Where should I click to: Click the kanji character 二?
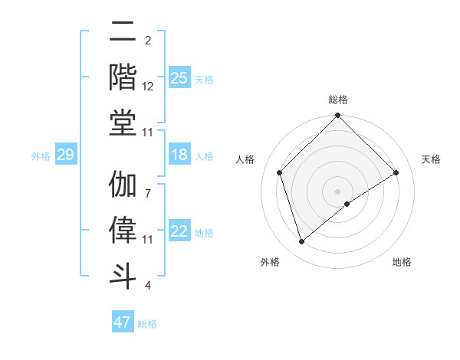click(123, 31)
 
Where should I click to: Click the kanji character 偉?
click(123, 230)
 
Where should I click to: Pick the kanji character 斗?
click(123, 273)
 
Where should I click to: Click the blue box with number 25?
click(179, 78)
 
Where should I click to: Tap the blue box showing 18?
click(179, 155)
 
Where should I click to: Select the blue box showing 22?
click(179, 232)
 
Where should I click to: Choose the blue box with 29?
click(65, 155)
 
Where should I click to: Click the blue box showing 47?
click(123, 322)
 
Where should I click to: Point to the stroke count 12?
click(148, 87)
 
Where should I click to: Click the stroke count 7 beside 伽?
click(148, 185)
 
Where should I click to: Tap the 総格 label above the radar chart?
click(338, 100)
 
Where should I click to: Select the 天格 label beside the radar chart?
click(431, 159)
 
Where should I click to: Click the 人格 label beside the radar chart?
click(245, 159)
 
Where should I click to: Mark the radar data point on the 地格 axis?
click(347, 204)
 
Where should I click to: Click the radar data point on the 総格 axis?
click(338, 117)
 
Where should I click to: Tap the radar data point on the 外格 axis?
click(301, 242)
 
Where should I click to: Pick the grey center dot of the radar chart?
click(338, 191)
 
